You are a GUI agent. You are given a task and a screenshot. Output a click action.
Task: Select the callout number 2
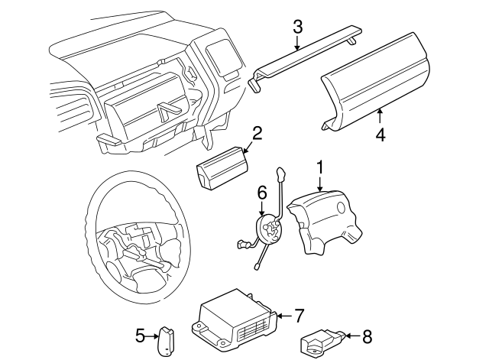[x=257, y=133]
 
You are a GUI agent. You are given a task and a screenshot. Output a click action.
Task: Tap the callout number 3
[x=297, y=27]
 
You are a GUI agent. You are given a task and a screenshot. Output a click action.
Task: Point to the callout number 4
[x=381, y=135]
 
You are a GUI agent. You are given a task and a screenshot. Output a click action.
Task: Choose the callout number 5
[x=140, y=334]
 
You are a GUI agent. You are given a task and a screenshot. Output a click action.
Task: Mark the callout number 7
[x=299, y=314]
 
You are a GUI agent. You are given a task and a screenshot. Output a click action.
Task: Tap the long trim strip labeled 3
[x=306, y=57]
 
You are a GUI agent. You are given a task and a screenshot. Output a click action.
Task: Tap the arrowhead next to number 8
[x=346, y=334]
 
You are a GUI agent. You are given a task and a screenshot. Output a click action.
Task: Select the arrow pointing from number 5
[x=153, y=334]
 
